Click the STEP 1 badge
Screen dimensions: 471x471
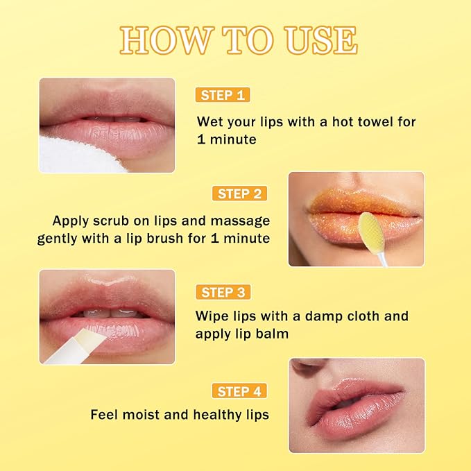pyautogui.click(x=222, y=95)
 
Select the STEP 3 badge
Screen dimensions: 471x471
pyautogui.click(x=222, y=291)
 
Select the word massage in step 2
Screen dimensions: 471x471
pyautogui.click(x=239, y=221)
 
